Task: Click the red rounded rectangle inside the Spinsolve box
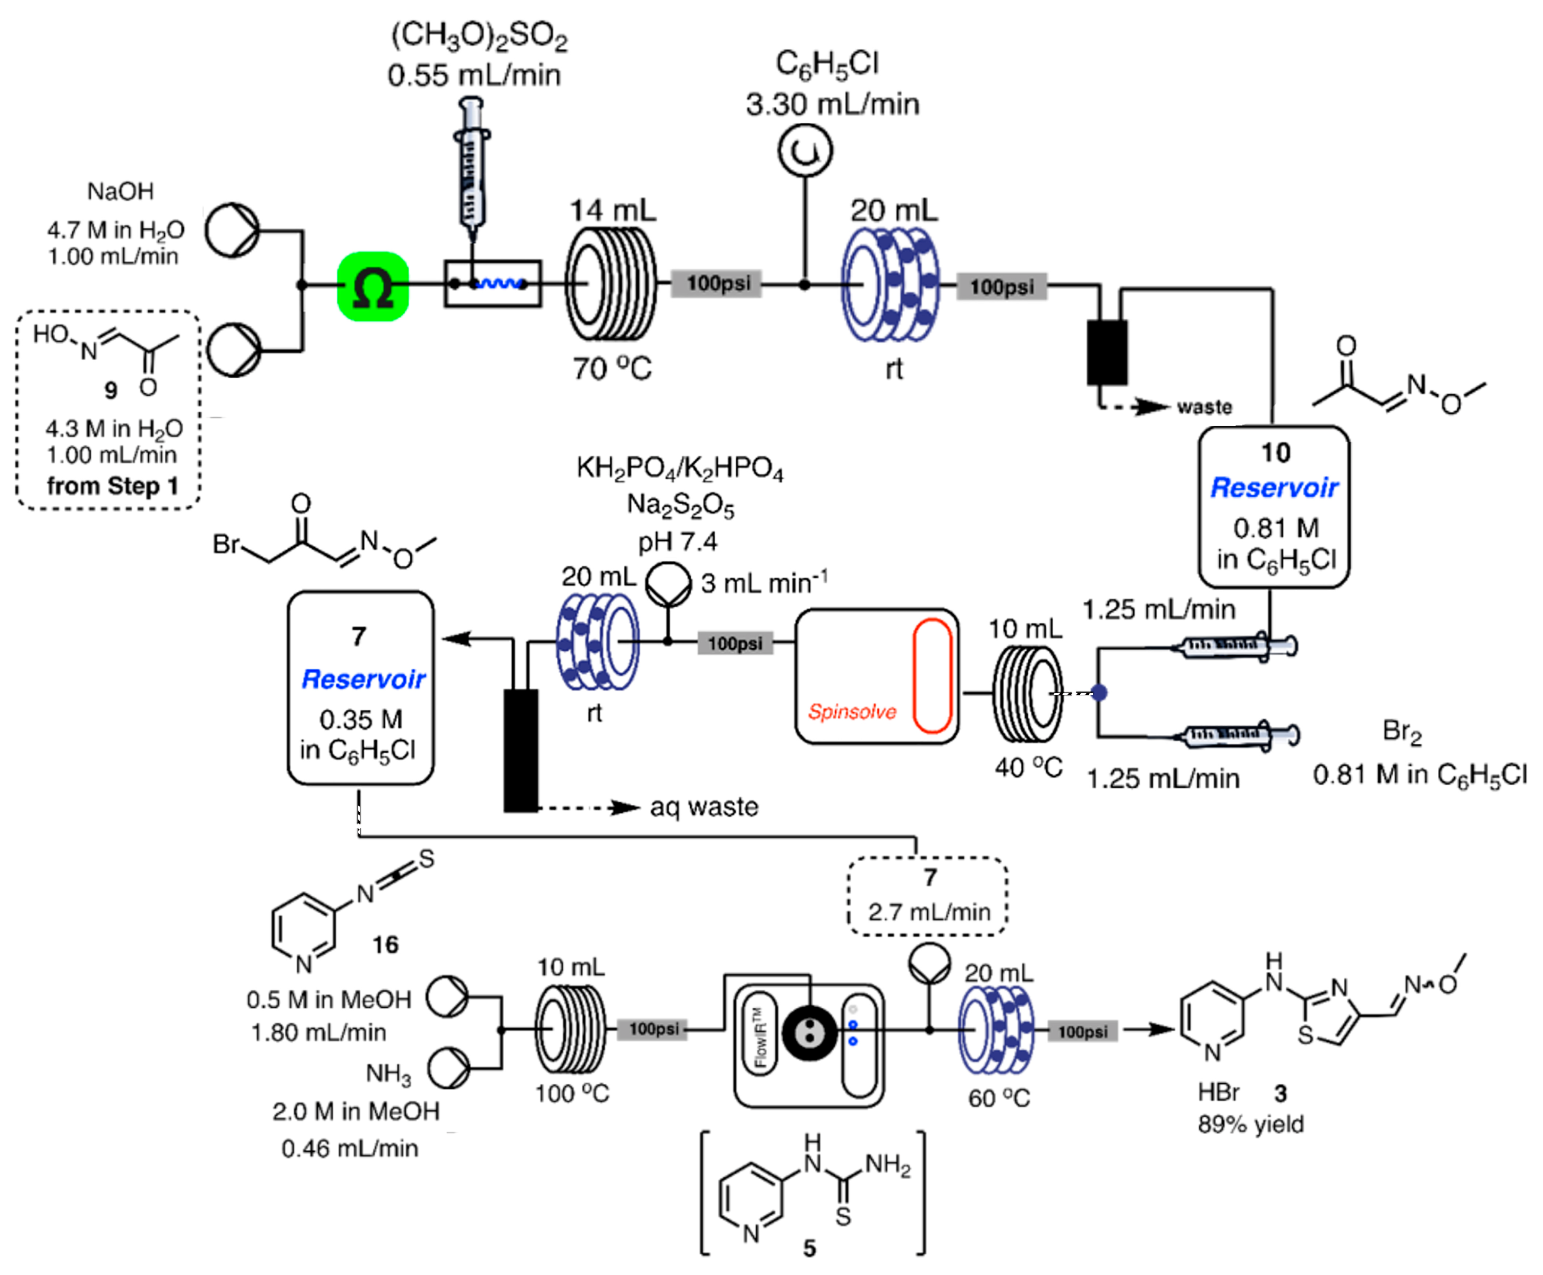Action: coord(931,676)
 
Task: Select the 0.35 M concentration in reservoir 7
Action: coord(360,719)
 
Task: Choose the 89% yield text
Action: coord(1250,1125)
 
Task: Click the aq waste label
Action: coord(703,807)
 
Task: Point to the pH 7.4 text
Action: coord(676,542)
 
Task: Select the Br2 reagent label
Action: coord(1401,732)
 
